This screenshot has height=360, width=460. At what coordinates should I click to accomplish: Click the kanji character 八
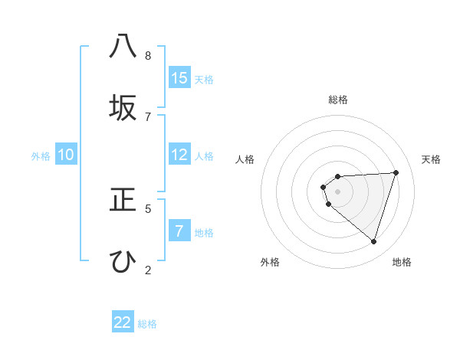123,47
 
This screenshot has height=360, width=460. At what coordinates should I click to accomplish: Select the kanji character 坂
123,108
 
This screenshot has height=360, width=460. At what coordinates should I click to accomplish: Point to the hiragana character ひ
123,261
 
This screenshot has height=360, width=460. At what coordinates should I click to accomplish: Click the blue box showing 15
179,77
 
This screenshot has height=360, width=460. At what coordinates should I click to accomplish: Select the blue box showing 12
179,155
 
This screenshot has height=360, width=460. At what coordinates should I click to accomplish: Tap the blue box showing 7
179,231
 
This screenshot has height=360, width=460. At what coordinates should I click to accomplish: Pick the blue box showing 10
66,155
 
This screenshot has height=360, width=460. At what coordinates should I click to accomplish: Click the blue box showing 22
123,322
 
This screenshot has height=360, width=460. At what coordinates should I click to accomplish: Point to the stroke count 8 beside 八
148,56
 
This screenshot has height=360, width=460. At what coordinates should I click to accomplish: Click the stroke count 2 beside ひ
148,270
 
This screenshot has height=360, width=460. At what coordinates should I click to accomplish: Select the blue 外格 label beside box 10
41,156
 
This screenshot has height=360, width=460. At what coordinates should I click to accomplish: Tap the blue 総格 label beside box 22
147,324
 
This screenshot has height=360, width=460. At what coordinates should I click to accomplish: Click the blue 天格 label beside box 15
204,80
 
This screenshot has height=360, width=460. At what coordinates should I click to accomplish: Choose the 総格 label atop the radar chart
337,100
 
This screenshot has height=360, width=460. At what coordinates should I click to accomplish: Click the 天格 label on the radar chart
431,159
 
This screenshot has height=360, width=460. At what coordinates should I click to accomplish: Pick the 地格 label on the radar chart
402,262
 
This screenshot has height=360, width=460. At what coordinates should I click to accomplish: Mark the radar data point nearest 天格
396,172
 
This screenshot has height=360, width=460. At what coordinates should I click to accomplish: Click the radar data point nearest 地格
373,242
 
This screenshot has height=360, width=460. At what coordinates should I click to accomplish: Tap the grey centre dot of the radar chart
337,191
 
